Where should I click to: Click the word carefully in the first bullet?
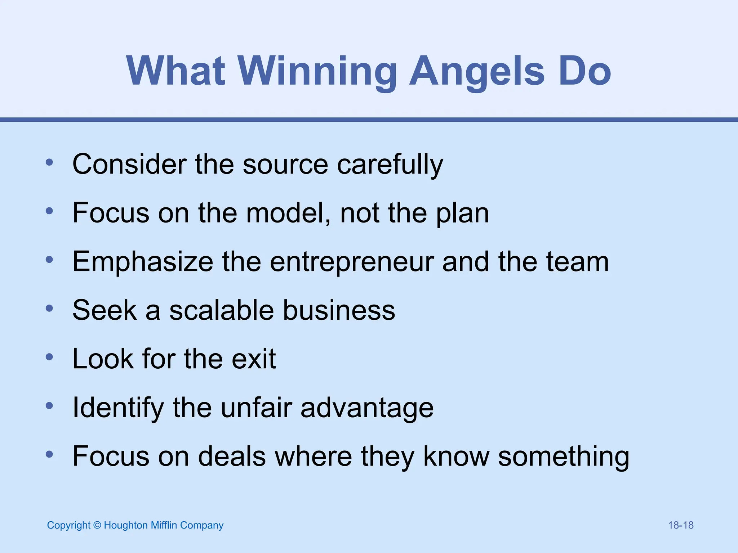pos(390,165)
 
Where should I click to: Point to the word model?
pos(288,213)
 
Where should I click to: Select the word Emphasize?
pos(143,262)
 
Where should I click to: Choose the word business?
pos(339,310)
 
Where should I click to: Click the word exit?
pos(254,359)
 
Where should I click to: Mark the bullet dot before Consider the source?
pos(49,162)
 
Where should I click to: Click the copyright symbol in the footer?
pos(97,525)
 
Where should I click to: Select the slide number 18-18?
pos(681,525)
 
